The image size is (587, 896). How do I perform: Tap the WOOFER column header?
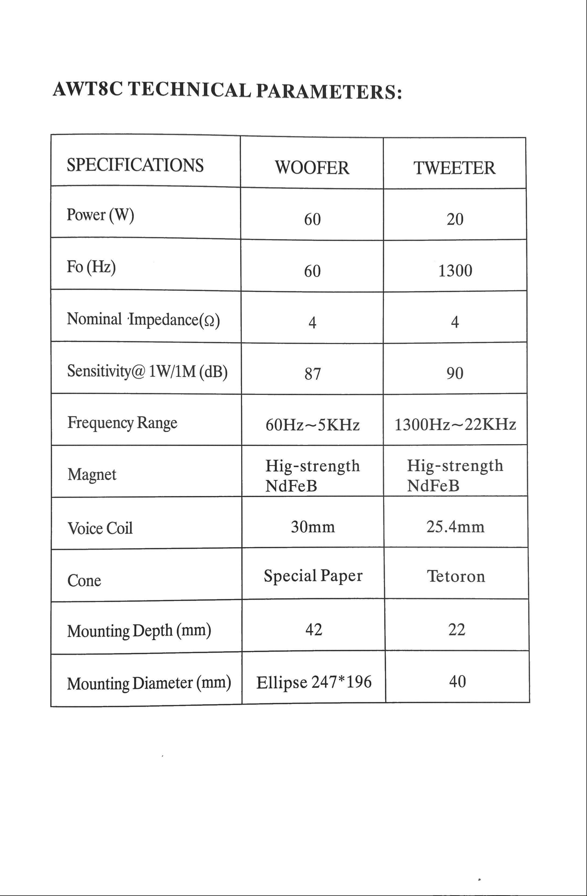[312, 168]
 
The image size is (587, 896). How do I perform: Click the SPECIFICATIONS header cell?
[135, 165]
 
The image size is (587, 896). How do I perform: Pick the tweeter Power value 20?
[455, 219]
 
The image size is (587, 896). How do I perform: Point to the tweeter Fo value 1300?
[455, 271]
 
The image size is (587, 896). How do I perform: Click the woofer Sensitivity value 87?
[312, 374]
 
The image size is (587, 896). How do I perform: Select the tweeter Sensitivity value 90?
[455, 373]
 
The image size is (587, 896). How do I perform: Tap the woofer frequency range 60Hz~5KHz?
[312, 425]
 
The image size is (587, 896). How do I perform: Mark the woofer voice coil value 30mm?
[312, 527]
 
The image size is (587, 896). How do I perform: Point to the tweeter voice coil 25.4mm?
[455, 527]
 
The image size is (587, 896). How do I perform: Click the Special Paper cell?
[313, 576]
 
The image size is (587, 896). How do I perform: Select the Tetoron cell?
[456, 576]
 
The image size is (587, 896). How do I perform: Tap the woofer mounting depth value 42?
[314, 630]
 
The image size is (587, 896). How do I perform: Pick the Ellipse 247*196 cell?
[314, 682]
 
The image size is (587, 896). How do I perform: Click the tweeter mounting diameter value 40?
[457, 681]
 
